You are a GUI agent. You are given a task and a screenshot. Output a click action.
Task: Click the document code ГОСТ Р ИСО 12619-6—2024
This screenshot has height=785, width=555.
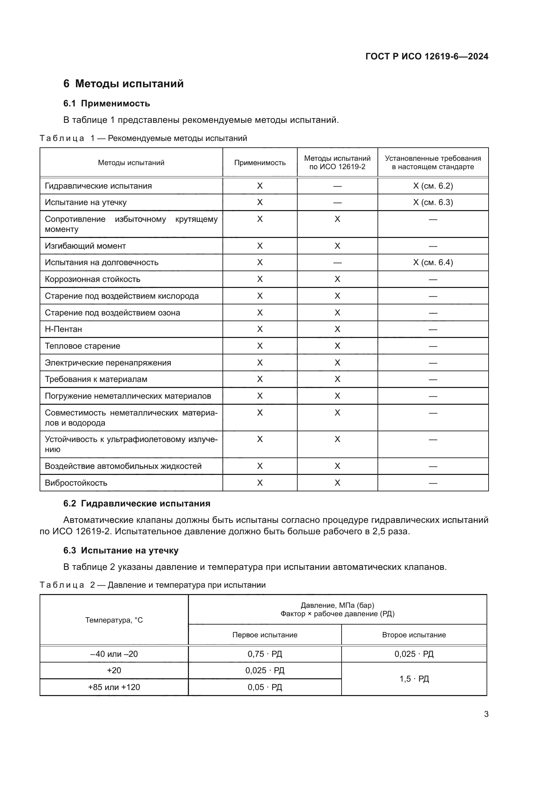426,56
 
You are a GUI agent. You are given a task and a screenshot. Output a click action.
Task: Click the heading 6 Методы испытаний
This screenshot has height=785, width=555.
123,84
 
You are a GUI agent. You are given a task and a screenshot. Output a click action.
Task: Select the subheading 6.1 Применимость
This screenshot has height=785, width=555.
107,103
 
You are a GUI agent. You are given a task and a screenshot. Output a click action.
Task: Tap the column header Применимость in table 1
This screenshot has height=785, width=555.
260,163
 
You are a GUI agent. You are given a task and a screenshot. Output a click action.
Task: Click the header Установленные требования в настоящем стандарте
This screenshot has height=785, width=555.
433,163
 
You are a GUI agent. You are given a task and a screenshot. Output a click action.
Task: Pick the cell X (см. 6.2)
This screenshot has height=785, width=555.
433,186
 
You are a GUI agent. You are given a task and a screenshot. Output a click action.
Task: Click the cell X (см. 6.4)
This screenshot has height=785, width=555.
433,262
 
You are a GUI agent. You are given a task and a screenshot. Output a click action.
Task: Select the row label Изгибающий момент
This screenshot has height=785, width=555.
86,246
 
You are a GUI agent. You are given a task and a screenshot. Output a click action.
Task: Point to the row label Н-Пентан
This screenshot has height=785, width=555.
63,329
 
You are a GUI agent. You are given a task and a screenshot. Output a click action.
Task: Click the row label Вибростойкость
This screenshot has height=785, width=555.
76,483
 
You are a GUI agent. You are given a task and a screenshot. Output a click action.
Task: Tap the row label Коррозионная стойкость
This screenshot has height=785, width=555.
93,279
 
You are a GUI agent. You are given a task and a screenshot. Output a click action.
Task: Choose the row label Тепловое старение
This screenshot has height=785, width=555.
83,346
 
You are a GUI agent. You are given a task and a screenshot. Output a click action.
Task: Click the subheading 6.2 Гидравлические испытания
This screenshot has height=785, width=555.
137,504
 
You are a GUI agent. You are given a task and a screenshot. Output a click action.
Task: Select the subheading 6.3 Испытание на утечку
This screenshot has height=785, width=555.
121,550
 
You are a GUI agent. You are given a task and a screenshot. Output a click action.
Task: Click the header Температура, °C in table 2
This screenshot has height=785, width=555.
114,620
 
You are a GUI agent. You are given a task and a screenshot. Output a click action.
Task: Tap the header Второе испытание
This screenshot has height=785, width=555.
414,635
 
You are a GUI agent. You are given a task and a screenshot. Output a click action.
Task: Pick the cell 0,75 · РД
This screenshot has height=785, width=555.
265,654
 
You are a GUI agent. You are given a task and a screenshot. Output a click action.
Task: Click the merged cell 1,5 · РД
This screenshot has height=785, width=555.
414,679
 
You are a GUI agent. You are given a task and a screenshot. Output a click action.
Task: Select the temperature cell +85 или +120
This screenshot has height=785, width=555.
114,687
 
